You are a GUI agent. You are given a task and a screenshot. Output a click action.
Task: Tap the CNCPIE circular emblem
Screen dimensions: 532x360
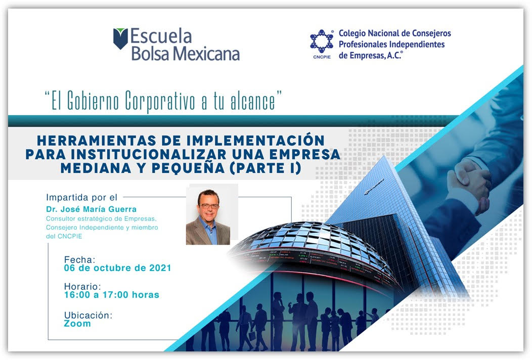tap(322, 41)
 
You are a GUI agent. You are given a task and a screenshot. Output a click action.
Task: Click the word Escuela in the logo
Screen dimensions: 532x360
tap(161, 36)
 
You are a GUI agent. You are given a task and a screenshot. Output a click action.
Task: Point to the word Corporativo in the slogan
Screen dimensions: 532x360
tap(160, 101)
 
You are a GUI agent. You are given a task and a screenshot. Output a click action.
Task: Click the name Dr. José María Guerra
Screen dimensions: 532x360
tap(91, 209)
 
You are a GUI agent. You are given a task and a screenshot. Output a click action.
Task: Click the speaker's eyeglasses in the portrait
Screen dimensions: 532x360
tap(209, 206)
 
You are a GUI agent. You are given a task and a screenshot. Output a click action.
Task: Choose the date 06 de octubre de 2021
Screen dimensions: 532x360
tap(117, 268)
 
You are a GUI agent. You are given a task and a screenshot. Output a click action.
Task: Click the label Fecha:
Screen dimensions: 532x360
tap(80, 259)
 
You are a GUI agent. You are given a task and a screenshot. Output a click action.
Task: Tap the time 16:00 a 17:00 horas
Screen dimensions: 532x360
tap(112, 295)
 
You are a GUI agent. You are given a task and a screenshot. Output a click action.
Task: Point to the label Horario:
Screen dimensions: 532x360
tap(82, 286)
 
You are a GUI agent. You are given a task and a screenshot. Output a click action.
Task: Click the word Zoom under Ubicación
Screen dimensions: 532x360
tap(77, 324)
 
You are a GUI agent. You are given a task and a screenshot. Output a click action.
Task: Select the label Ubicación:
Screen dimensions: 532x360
tap(88, 315)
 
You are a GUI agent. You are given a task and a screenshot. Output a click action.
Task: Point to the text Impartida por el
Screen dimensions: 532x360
tap(82, 198)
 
